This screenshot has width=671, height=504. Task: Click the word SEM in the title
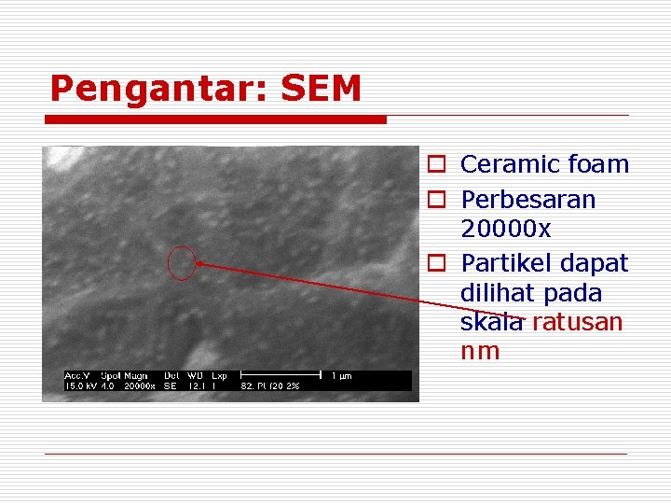click(x=320, y=89)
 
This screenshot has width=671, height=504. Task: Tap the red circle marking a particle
click(x=183, y=262)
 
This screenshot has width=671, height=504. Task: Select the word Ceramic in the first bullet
click(x=505, y=164)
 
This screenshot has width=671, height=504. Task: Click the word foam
click(x=594, y=164)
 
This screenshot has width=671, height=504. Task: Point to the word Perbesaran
click(x=528, y=200)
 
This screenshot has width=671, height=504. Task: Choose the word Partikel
click(x=508, y=263)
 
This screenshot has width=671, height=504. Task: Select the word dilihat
click(x=497, y=293)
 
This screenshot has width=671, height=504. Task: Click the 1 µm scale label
click(x=342, y=375)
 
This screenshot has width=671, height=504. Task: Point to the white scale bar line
click(x=279, y=375)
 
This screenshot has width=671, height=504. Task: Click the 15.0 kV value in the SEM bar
click(x=78, y=385)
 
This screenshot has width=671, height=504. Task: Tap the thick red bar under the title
click(x=218, y=119)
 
